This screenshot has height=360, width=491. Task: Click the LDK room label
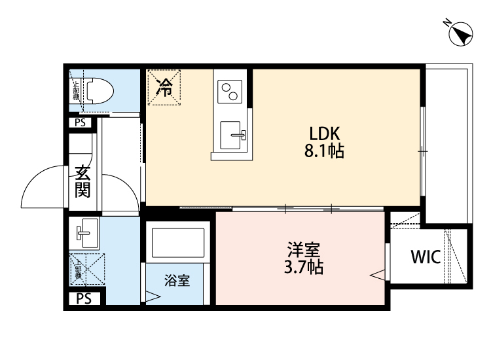pos(324,134)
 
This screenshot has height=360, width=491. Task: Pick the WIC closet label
pos(426,256)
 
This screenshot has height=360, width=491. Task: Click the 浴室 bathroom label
pos(177,281)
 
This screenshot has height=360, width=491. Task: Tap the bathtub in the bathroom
pos(177,242)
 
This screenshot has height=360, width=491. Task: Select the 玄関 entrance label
pos(82,183)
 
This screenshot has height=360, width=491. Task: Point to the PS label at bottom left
pos(84,299)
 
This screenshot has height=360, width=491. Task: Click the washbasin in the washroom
pos(85,232)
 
